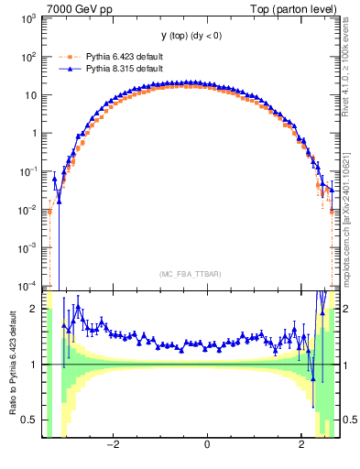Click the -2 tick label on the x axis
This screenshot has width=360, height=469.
112,444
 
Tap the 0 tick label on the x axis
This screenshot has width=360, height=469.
207,444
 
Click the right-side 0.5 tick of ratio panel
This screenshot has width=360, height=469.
349,420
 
